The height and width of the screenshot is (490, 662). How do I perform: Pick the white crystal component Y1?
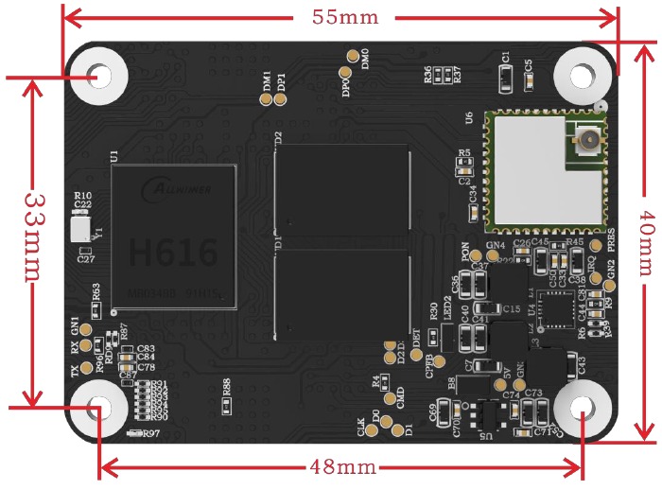(x=81, y=228)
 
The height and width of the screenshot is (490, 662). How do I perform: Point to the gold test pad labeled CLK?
(x=372, y=430)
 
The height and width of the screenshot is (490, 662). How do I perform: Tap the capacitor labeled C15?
(x=489, y=308)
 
